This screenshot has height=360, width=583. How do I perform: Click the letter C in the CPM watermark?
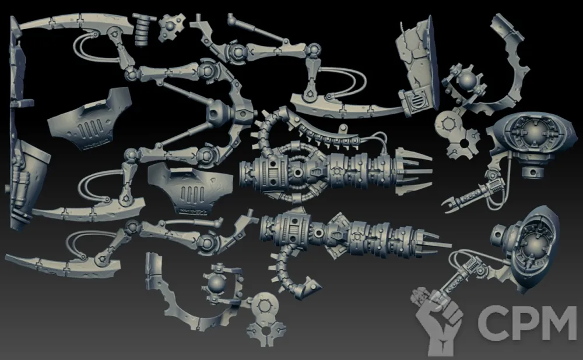pos(491,323)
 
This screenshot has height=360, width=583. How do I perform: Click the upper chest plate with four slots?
pos(89,119)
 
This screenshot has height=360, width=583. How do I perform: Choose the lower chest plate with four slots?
pos(191,189)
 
